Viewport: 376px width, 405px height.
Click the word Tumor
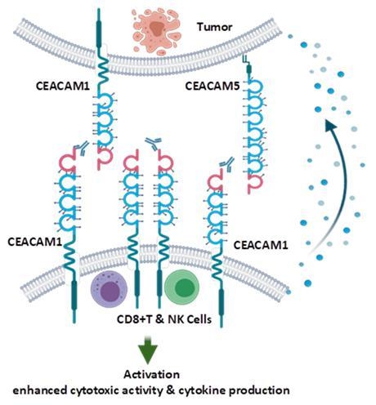(215, 26)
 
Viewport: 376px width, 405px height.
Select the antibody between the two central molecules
(152, 146)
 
